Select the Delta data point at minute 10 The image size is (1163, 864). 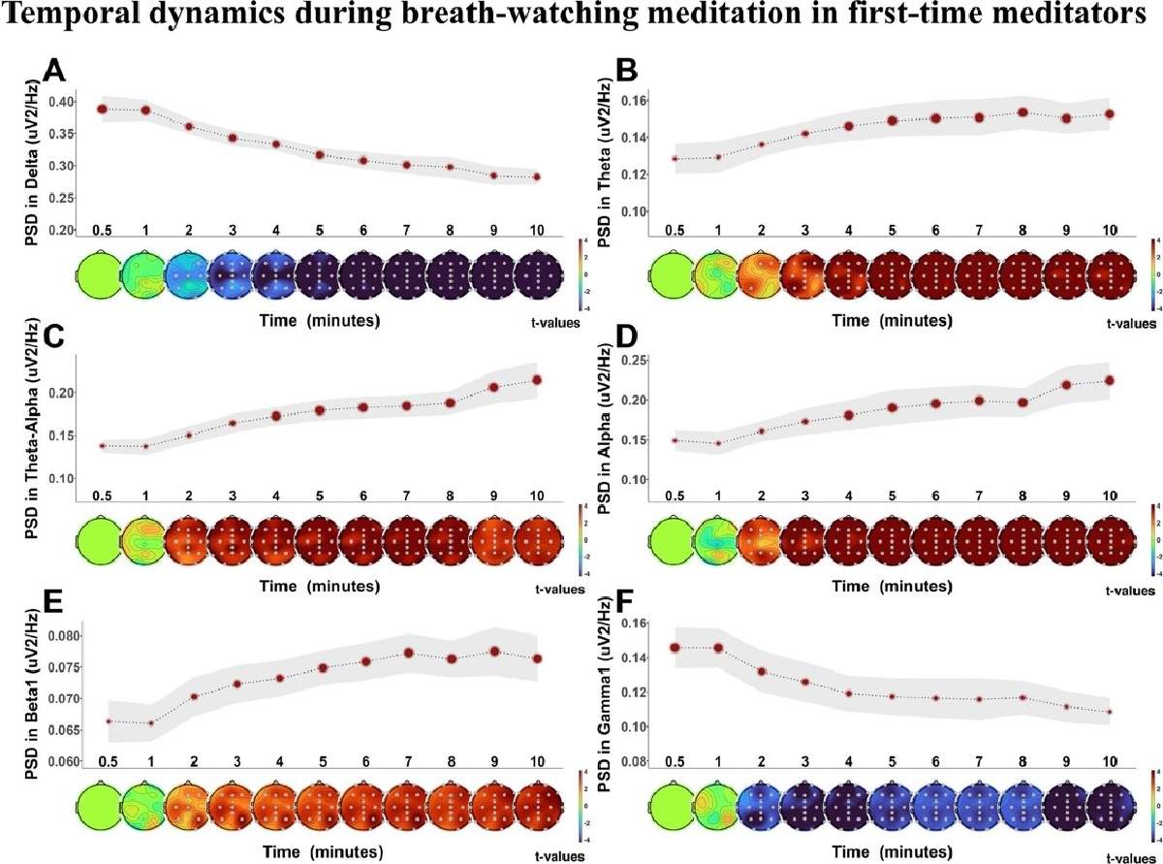click(536, 176)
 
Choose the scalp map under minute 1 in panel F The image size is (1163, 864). click(718, 811)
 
